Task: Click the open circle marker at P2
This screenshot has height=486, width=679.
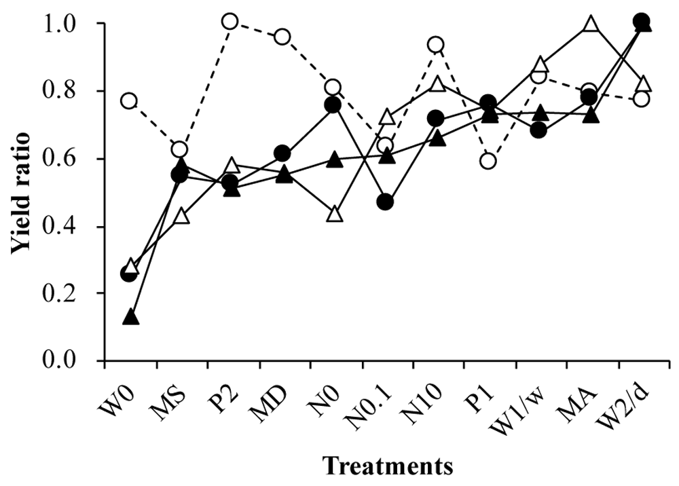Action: tap(230, 22)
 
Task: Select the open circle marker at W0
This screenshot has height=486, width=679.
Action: tap(129, 102)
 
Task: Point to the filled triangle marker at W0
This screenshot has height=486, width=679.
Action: tap(131, 317)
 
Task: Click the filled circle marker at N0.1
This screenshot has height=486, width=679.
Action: tap(385, 202)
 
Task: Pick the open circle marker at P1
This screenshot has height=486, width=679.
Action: tap(488, 161)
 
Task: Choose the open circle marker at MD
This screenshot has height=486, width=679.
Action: tap(282, 37)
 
